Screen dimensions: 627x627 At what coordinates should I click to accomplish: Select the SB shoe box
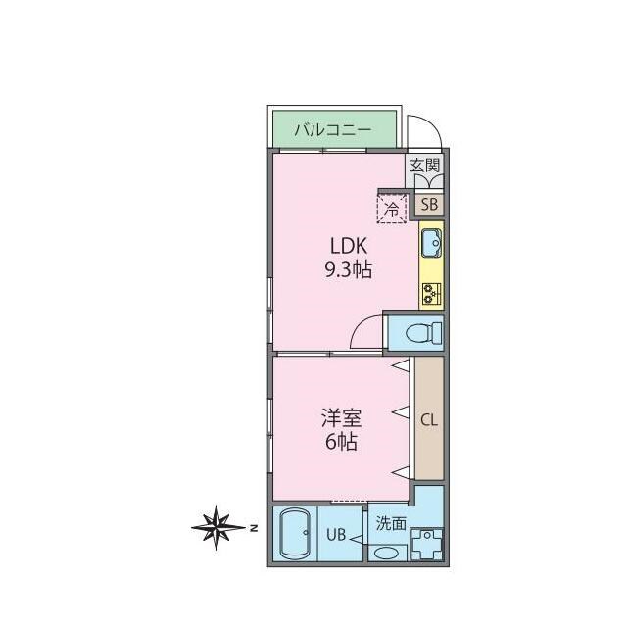point(429,205)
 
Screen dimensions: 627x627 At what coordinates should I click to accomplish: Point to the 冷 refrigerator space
point(392,208)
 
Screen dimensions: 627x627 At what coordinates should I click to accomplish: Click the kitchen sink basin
point(431,241)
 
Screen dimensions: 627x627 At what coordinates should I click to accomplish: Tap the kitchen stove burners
point(431,292)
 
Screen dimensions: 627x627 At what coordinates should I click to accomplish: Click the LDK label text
point(348,247)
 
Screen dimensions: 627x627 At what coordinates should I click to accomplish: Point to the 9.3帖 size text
point(348,270)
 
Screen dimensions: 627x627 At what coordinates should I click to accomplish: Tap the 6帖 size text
point(341,442)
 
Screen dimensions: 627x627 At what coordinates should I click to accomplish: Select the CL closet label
point(429,420)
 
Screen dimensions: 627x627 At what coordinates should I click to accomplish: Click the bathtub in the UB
point(294,534)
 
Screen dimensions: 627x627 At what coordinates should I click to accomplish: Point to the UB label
point(336,535)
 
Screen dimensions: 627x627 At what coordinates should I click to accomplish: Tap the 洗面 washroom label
point(391,524)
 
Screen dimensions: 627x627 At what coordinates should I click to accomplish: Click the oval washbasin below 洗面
point(387,553)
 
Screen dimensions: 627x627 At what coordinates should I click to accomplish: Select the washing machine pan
point(427,544)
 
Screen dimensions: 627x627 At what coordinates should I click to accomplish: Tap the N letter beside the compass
point(253,529)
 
